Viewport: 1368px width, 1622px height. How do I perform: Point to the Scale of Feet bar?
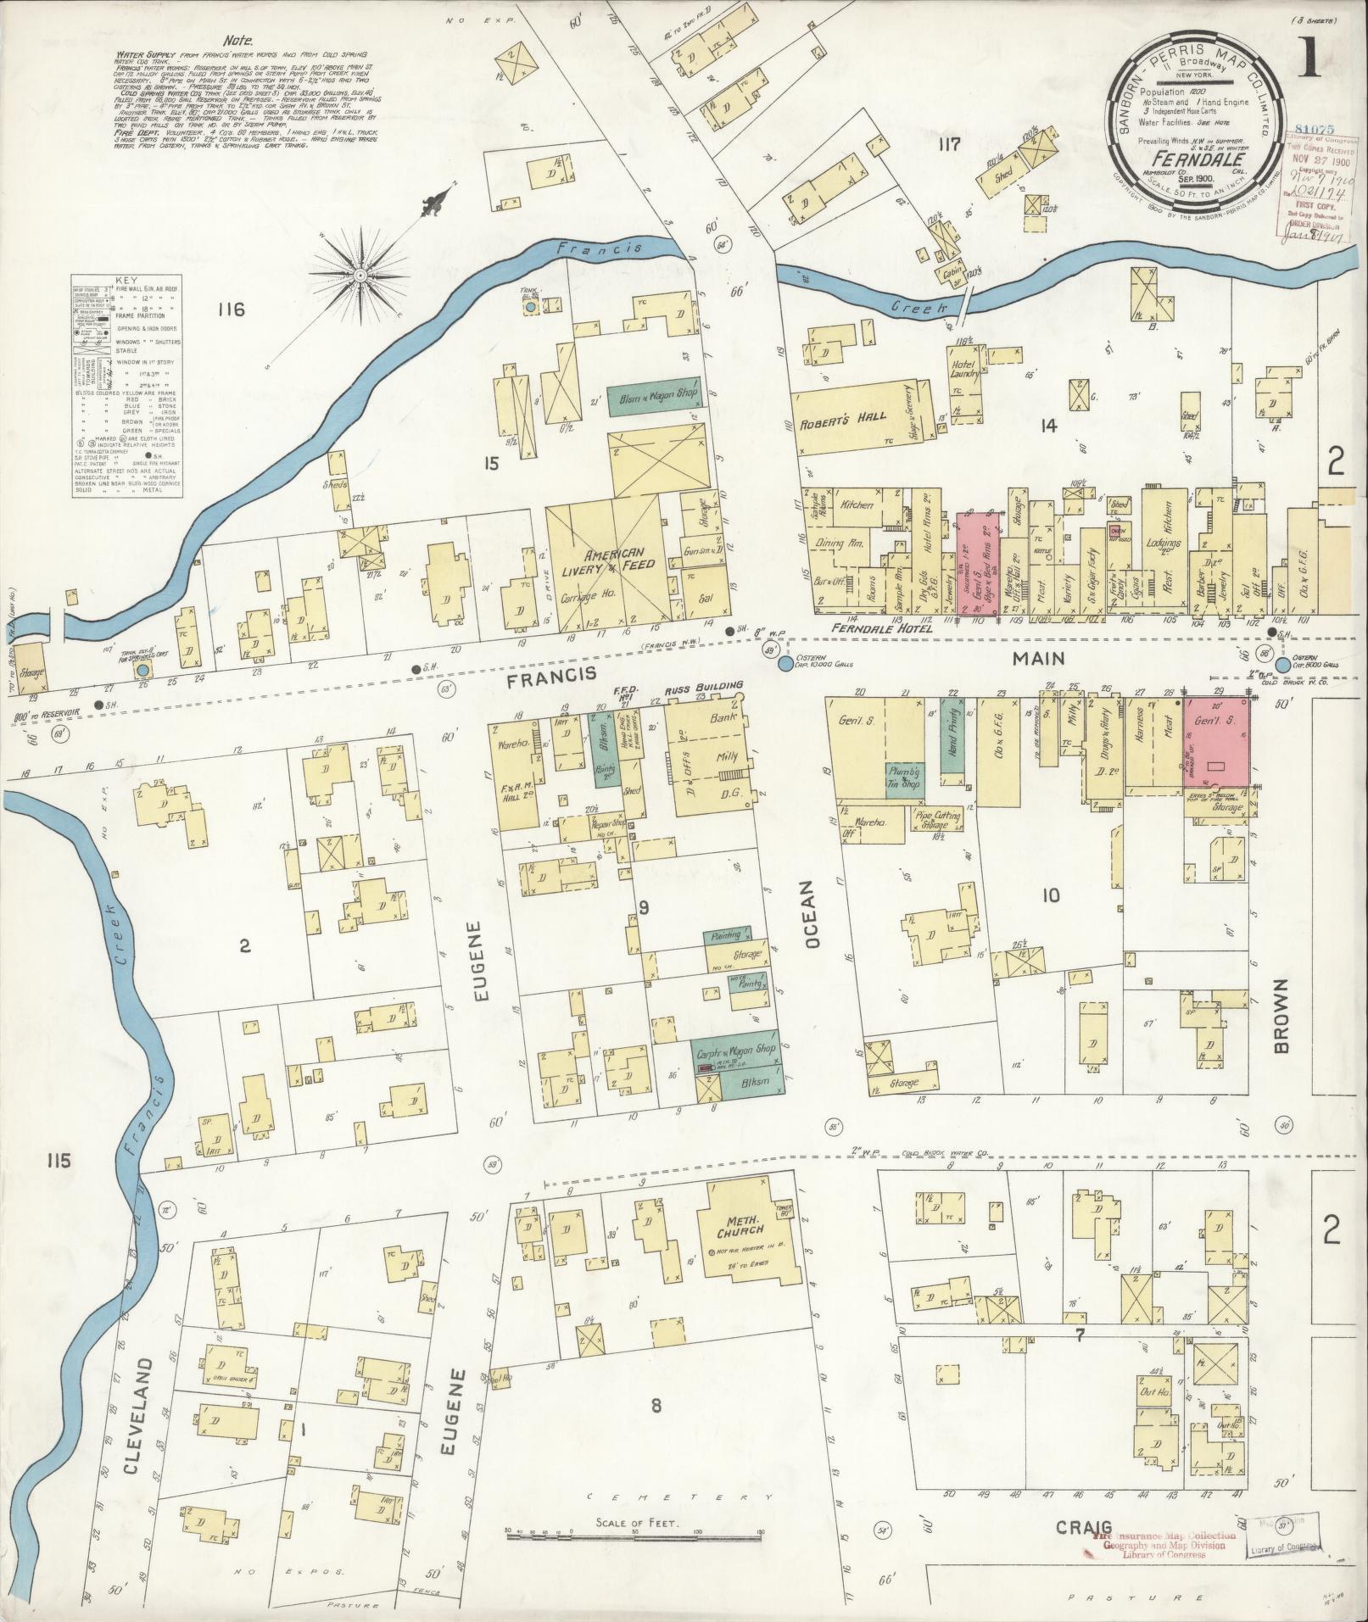[x=635, y=1534]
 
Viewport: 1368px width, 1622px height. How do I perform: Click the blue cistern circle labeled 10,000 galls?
[x=785, y=663]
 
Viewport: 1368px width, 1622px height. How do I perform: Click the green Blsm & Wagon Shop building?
[x=653, y=396]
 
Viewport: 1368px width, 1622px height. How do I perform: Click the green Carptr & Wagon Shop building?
[x=736, y=1051]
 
